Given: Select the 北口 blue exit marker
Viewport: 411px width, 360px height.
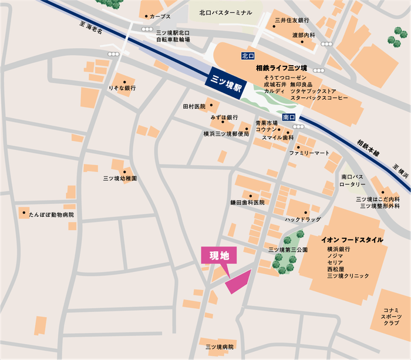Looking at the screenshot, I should [248, 56].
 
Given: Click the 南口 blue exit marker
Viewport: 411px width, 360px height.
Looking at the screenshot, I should [288, 117].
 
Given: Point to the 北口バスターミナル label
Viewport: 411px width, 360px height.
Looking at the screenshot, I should [225, 12].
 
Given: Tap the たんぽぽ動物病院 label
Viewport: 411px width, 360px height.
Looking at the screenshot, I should [52, 215].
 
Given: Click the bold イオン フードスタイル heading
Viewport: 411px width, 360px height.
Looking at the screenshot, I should [352, 240].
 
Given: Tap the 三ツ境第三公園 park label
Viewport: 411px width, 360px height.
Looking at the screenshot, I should [288, 250].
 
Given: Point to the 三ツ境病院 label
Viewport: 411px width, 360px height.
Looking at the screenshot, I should [220, 347].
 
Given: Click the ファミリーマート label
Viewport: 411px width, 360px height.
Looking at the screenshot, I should [309, 153].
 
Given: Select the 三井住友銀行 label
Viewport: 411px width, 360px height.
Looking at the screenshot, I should [292, 21].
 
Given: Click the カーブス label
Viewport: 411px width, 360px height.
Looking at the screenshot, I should [160, 17].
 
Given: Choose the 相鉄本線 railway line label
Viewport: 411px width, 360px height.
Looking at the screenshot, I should [368, 147].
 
